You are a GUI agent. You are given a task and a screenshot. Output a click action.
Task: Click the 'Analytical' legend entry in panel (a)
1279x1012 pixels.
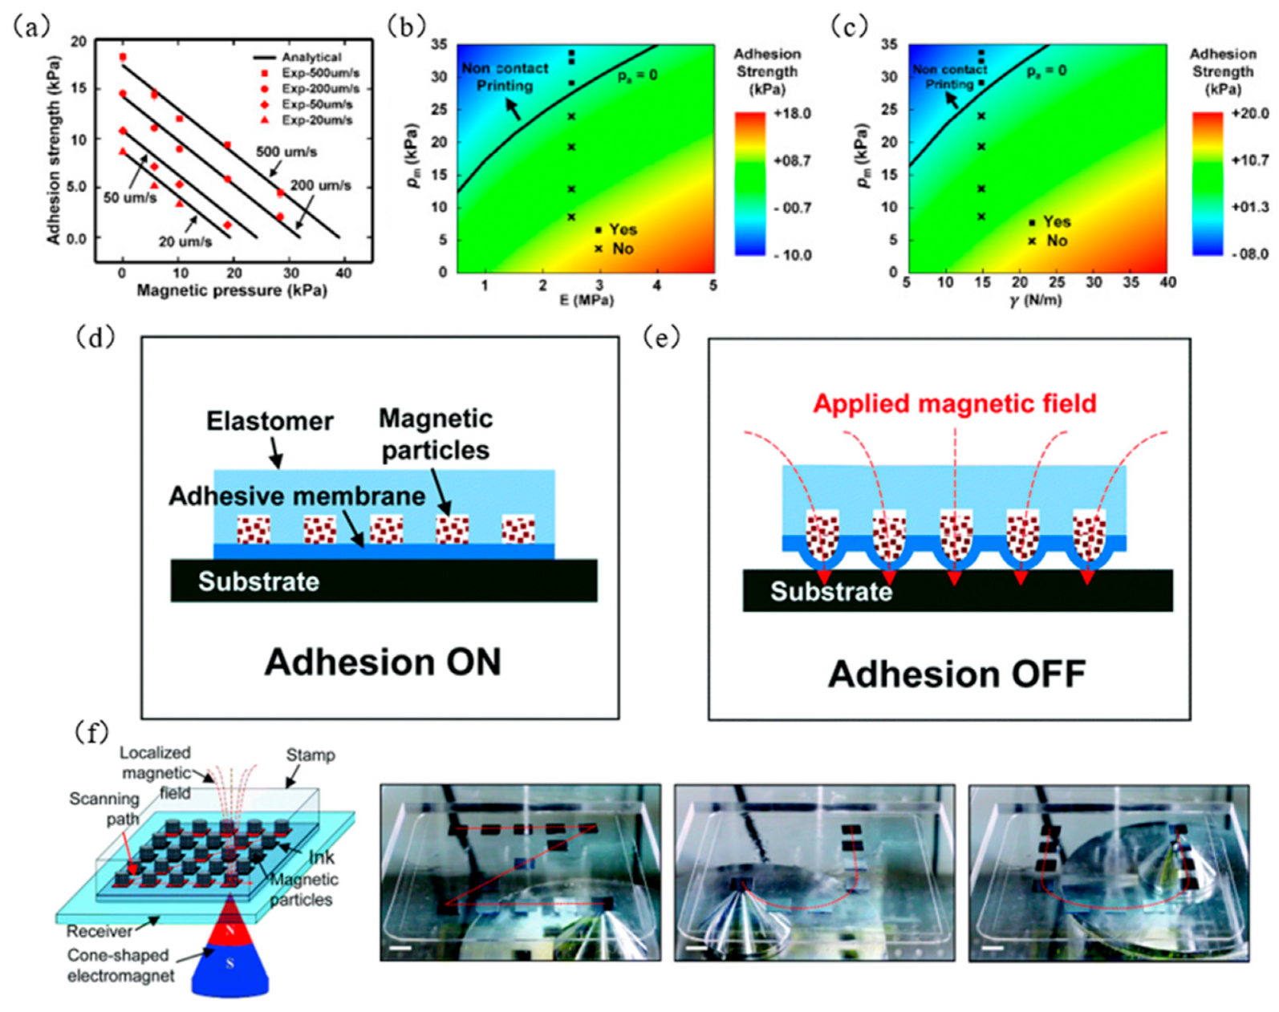[x=311, y=58]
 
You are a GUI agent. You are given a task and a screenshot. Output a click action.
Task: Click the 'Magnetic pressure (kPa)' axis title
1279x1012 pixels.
[x=232, y=290]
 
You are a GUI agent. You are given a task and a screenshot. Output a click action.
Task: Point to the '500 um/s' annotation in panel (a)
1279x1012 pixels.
[x=286, y=152]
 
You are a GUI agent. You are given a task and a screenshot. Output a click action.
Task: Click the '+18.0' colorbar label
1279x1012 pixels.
[x=792, y=114]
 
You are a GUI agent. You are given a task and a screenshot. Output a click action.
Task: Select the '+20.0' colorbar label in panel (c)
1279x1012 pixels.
[x=1249, y=114]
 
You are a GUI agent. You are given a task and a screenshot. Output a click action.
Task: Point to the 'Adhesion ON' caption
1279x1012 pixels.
[x=383, y=662]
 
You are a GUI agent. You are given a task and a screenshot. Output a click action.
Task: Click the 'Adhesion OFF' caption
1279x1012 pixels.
[x=956, y=674]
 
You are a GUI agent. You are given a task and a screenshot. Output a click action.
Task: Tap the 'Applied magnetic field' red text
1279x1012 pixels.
[x=955, y=403]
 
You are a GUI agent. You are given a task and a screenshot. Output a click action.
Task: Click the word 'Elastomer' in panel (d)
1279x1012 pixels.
[x=270, y=421]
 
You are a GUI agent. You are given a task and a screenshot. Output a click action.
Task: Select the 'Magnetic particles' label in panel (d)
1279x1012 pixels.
[x=436, y=434]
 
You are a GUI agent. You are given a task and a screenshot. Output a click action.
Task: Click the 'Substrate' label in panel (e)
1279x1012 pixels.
[x=831, y=591]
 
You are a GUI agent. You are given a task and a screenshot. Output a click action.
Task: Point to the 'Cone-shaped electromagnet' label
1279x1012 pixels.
[x=120, y=965]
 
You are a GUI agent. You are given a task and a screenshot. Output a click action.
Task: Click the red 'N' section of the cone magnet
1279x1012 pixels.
[x=229, y=930]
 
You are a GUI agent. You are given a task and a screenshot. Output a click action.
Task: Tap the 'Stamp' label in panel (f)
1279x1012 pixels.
[x=311, y=755]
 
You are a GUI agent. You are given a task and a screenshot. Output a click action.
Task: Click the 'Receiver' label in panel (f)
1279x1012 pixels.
[x=99, y=932]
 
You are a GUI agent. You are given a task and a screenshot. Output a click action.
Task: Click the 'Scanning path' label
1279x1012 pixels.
[x=104, y=809]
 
